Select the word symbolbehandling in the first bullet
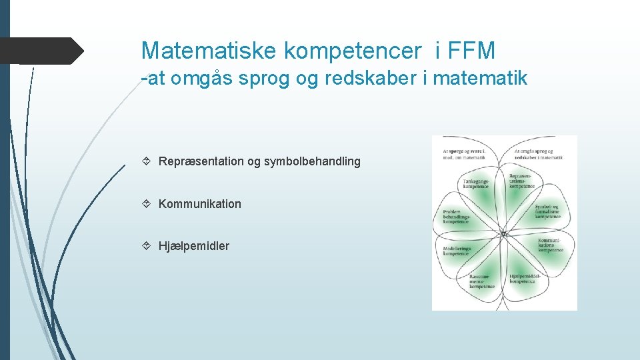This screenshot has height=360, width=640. point(313,161)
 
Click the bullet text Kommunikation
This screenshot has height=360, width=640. point(200,204)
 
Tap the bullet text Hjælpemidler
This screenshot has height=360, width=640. point(194,246)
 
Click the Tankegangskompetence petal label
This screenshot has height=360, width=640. point(475,183)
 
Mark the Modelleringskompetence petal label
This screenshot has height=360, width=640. point(457,251)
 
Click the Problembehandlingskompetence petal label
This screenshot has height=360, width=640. point(457,217)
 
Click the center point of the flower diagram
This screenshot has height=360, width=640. point(504,234)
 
